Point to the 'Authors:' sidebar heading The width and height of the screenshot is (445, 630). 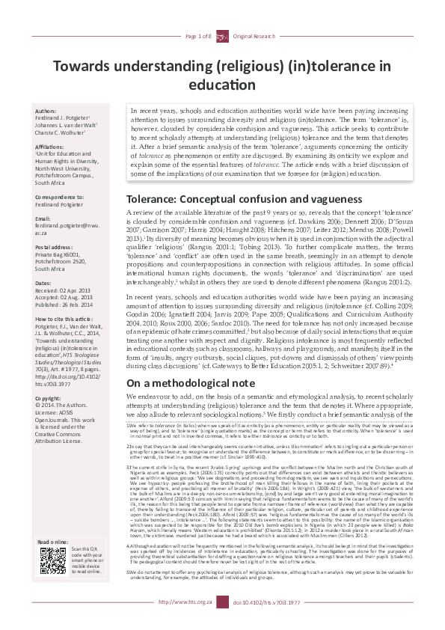pyautogui.click(x=46, y=111)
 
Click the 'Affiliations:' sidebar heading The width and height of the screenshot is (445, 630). pyautogui.click(x=51, y=147)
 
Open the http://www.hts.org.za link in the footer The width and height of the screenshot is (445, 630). pyautogui.click(x=182, y=622)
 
